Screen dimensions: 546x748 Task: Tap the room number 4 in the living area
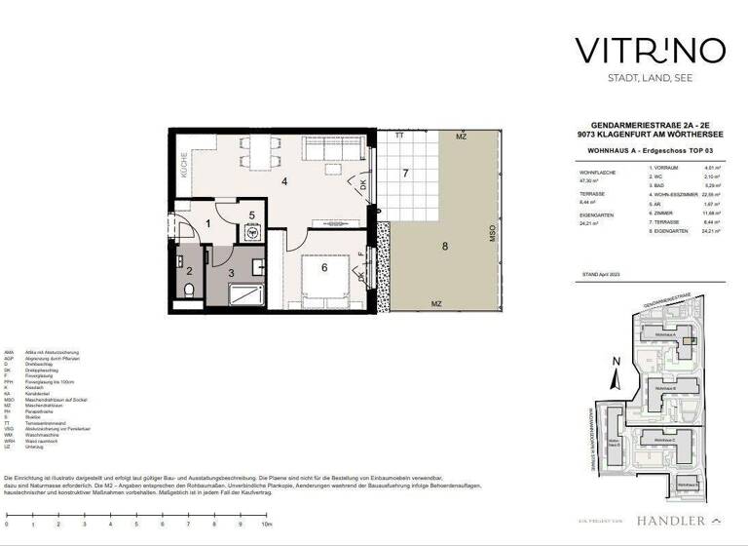[284, 181]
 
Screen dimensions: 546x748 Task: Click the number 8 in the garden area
[444, 247]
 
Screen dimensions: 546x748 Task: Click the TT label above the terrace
[398, 136]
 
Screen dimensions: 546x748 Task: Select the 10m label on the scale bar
[267, 525]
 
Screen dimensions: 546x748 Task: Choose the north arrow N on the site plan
[614, 362]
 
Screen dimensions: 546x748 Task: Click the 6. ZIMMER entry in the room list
[665, 213]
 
